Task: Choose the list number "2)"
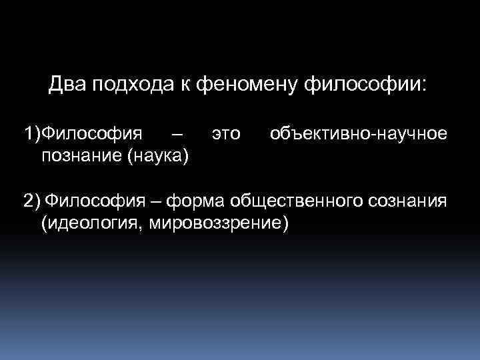[31, 200]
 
